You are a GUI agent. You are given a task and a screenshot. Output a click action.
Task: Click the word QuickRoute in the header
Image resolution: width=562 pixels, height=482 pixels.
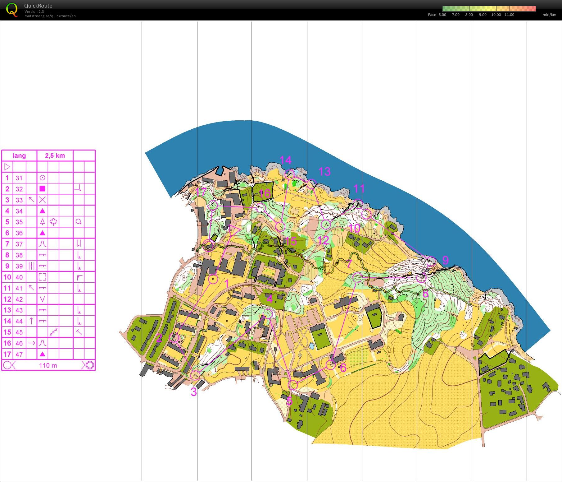point(38,6)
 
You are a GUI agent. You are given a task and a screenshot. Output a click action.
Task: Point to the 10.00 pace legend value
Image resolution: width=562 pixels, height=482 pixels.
point(496,15)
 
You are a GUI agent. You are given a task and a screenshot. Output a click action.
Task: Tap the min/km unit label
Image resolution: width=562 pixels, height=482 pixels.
point(549,15)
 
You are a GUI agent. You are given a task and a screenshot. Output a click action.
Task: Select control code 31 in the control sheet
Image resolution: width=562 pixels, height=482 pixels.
point(19,178)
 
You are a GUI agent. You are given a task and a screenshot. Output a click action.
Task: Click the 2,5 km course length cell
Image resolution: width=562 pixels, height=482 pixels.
point(55,156)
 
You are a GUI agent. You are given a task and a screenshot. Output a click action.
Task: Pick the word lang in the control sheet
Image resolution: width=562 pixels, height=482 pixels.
point(19,156)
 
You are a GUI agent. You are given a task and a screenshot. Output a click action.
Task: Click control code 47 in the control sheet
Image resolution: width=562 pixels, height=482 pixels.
point(19,354)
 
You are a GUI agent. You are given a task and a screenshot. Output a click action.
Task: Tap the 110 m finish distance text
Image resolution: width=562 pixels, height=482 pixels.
point(48,365)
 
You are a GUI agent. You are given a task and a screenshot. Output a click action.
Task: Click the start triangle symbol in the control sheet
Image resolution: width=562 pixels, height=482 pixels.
point(7,167)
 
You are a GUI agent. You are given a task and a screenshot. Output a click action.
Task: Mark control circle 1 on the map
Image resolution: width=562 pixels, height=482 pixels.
point(213,279)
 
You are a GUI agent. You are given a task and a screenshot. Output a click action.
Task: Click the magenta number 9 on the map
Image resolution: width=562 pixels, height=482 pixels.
point(445,260)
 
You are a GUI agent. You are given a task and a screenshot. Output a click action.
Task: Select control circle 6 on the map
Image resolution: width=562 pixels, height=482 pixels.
point(331,365)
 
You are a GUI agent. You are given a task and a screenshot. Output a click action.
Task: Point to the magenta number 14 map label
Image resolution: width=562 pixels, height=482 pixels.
point(286,160)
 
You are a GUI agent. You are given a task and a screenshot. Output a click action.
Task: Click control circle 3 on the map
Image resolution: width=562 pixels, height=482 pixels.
point(196,375)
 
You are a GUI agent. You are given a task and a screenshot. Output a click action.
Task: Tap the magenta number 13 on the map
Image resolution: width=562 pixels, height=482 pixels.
point(324,171)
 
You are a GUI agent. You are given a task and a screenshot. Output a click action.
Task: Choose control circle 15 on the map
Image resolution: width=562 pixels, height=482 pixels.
point(280,226)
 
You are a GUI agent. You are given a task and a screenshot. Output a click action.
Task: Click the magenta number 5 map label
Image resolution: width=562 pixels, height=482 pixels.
point(289,401)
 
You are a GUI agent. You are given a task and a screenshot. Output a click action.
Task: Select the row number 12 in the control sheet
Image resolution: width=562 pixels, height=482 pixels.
point(7,299)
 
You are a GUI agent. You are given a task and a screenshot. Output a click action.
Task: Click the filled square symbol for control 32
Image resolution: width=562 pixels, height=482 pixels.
point(43,189)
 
